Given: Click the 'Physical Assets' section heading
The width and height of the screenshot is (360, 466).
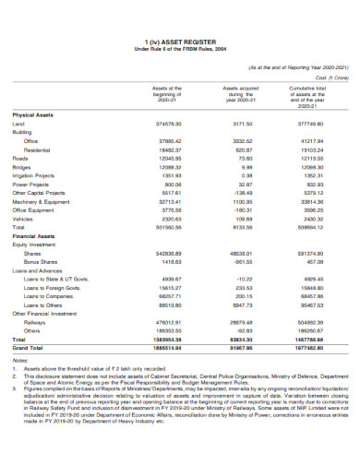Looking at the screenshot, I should pos(32,114).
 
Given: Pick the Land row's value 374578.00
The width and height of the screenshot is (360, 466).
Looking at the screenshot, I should pos(170,123).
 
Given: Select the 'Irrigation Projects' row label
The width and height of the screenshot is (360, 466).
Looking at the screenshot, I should pos(34,174).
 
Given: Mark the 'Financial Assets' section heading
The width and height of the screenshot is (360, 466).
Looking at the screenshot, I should pos(32,234).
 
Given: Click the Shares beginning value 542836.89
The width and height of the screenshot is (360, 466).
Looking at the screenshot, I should pos(170,252).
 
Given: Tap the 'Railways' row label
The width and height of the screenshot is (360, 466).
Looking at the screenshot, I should pos(34,322).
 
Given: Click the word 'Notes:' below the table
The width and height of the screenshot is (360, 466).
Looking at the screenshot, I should pos(19,360).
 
